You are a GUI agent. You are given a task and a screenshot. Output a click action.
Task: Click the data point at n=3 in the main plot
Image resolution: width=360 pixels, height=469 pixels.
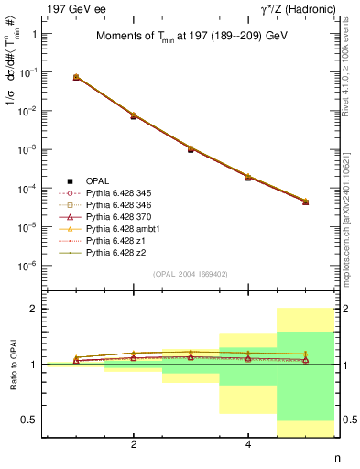[x=191, y=148]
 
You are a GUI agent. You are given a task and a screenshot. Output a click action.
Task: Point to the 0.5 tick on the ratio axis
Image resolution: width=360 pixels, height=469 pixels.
[x=32, y=420]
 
